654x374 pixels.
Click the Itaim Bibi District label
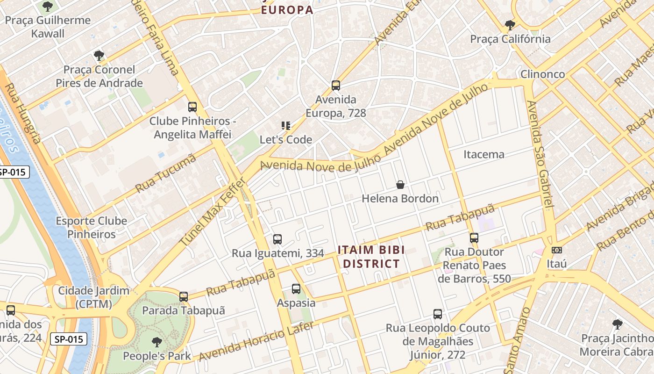pos(371,257)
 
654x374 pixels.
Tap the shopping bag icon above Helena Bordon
pos(400,185)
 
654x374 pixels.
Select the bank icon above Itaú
pos(556,250)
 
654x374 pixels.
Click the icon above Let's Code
pos(286,125)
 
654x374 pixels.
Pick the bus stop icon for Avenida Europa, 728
pos(336,85)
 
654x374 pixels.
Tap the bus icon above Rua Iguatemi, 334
pos(277,239)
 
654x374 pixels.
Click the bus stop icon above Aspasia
pos(296,289)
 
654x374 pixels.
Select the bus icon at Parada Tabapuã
pos(184,296)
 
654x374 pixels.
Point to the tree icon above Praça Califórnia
pos(510,25)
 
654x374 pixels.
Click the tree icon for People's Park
pos(157,342)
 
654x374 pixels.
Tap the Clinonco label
pos(543,74)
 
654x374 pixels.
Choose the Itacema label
pos(484,154)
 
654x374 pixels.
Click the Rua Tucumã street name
pos(166,173)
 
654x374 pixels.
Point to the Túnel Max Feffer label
pos(213,212)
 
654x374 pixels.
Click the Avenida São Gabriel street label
pos(540,154)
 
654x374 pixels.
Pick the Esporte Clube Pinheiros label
pos(92,228)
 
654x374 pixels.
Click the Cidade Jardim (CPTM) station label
pos(94,297)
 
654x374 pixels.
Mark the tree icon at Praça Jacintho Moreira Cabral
pos(618,324)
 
